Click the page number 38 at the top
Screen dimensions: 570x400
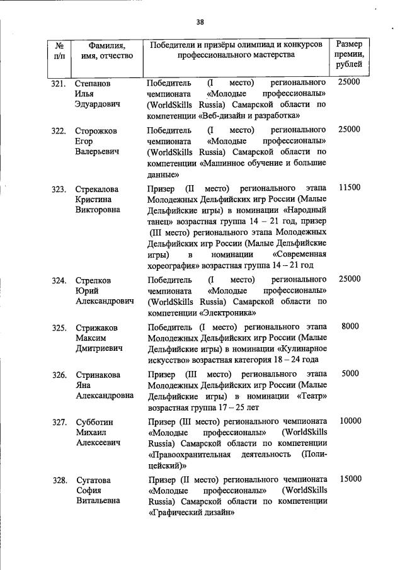point(200,22)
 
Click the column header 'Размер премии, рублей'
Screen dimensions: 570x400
point(349,55)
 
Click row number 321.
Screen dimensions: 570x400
point(59,83)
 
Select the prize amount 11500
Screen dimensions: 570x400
point(349,188)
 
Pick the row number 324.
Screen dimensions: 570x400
point(59,280)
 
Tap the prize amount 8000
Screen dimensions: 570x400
point(350,326)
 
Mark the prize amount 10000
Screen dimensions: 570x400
point(350,420)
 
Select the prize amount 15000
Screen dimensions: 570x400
point(350,479)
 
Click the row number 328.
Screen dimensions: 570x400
point(59,480)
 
